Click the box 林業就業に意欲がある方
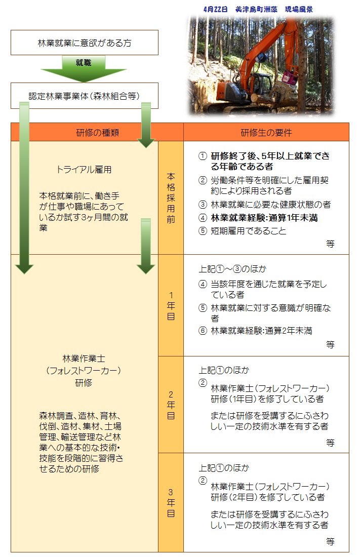[x=84, y=43]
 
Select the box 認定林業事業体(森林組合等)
[x=84, y=96]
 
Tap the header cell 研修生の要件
[x=266, y=133]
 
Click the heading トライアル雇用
[x=84, y=170]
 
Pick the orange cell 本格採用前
[x=171, y=198]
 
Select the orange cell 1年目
[x=171, y=306]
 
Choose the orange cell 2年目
[x=171, y=405]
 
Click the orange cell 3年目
[x=171, y=502]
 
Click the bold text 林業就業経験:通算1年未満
[x=264, y=218]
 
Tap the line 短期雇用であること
[x=248, y=231]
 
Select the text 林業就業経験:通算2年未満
[x=261, y=331]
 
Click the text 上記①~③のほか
[x=232, y=269]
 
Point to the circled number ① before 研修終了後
[x=203, y=156]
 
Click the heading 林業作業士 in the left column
[x=84, y=359]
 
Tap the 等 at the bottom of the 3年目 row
[x=330, y=541]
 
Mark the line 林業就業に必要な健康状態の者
[x=270, y=205]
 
